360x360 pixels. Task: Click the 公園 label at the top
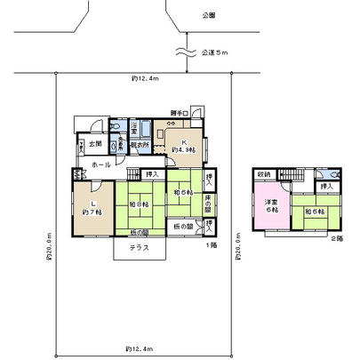point(209,16)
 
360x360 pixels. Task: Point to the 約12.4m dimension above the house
point(144,79)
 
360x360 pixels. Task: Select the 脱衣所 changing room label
point(140,144)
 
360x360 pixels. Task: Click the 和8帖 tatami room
point(139,204)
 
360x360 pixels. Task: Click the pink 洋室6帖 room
point(269,210)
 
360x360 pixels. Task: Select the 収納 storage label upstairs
point(265,174)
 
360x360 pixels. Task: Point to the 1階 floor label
point(211,244)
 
